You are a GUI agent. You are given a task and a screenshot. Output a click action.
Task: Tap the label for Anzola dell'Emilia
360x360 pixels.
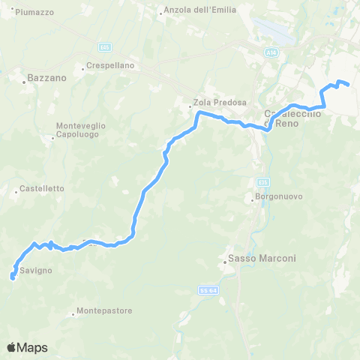tap(201, 10)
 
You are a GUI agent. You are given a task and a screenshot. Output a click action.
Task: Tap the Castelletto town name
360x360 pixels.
tap(42, 188)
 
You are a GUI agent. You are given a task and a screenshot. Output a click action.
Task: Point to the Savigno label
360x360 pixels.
tap(35, 270)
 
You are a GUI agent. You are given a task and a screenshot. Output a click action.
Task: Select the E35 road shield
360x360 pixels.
tap(261, 182)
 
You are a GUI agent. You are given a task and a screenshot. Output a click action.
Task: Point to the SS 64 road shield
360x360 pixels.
tap(208, 289)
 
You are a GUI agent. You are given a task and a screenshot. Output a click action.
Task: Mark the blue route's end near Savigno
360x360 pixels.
tap(12, 277)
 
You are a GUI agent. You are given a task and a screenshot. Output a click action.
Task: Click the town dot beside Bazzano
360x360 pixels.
tap(25, 83)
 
